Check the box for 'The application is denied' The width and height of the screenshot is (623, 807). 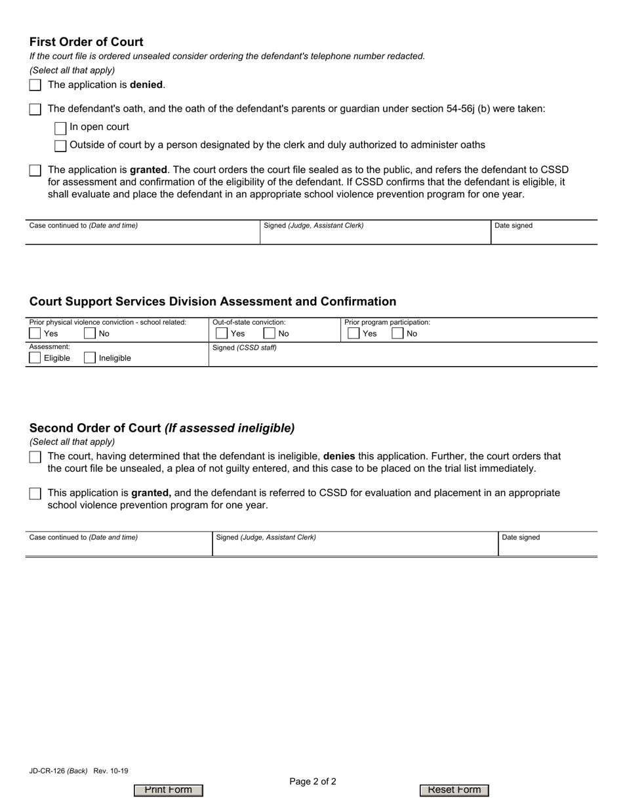[35, 85]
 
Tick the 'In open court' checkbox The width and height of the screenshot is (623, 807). [60, 128]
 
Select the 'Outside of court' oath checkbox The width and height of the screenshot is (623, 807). [60, 146]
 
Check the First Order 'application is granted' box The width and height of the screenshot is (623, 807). [35, 171]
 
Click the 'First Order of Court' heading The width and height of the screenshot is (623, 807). [86, 42]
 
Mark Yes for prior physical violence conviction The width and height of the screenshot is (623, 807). [35, 333]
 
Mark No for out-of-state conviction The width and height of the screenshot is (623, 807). [270, 333]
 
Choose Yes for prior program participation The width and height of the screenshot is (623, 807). [353, 333]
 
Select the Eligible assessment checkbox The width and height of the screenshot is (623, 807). [35, 358]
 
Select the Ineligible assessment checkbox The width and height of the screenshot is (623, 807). [90, 358]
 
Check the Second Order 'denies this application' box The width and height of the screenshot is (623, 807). [35, 457]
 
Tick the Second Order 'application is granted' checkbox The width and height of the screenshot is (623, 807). [35, 494]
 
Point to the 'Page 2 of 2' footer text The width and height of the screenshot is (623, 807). [313, 781]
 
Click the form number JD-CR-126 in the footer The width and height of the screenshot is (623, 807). [47, 772]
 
